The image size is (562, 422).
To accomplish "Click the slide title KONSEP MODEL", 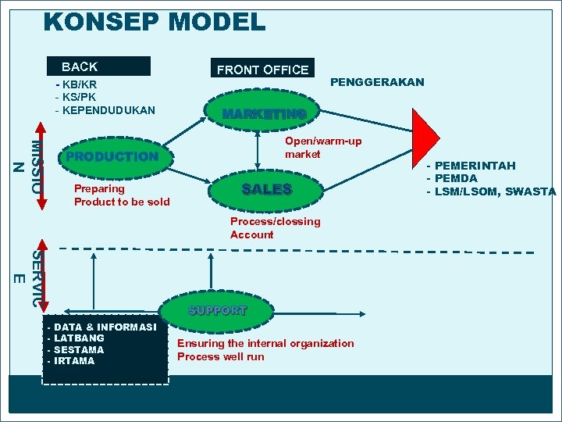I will pos(155,21).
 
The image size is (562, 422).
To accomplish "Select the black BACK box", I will pos(98,67).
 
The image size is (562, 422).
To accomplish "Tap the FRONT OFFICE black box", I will pos(262,70).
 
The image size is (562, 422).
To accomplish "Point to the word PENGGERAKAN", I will pos(378,82).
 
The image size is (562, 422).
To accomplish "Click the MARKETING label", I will pos(264,115).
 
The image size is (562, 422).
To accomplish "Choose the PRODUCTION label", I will pos(112,156).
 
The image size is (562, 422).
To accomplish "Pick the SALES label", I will pos(267,189).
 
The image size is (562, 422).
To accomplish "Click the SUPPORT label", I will pos(217,310).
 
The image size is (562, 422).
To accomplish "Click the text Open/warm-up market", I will pos(322,148).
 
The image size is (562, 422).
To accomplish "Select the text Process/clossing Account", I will pos(275,227).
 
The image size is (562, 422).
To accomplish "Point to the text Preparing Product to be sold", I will pos(121,195).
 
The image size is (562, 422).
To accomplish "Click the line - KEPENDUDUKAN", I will pos(105,110).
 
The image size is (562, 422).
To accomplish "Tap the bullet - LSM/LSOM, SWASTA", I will pos(491,191).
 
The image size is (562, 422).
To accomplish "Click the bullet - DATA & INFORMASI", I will pos(102,327).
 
